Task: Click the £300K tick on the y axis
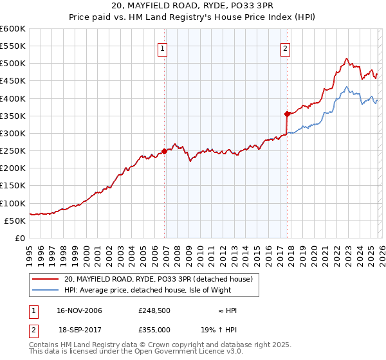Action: (x=13, y=133)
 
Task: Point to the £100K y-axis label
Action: (x=13, y=203)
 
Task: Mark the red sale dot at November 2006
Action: (x=164, y=151)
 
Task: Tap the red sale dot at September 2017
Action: (x=287, y=114)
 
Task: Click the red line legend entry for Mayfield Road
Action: (x=161, y=279)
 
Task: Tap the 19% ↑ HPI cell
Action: (x=228, y=328)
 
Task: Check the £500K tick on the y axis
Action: (x=13, y=63)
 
